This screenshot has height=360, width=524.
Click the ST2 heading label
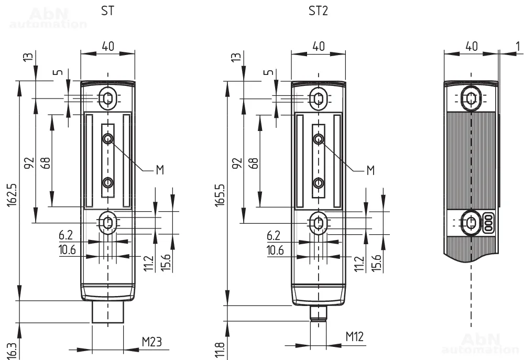(318, 11)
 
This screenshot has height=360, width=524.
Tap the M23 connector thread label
(152, 342)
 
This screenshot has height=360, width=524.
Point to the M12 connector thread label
(355, 336)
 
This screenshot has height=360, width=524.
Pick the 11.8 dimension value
(221, 350)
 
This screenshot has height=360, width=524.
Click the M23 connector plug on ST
(107, 312)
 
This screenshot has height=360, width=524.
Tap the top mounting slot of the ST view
(107, 98)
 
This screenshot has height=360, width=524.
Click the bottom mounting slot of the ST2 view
(318, 223)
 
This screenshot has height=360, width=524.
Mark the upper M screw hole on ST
(108, 138)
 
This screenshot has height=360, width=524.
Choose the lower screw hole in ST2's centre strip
(318, 182)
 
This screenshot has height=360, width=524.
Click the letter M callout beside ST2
(370, 170)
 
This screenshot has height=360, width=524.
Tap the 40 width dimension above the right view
(472, 46)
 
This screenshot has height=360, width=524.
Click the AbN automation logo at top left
(47, 18)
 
